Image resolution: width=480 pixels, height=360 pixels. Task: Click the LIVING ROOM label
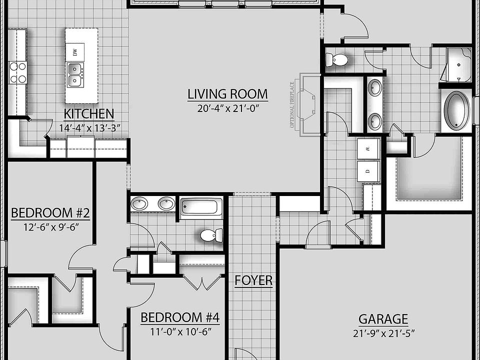[227, 94]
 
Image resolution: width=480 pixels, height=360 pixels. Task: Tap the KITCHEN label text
[89, 114]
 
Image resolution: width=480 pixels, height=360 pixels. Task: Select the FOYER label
[253, 280]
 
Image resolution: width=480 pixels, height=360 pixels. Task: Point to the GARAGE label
[383, 319]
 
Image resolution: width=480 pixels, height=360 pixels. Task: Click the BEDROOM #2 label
[50, 213]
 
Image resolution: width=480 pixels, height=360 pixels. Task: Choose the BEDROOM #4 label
[179, 317]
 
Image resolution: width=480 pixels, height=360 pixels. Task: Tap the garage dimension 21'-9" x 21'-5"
[383, 332]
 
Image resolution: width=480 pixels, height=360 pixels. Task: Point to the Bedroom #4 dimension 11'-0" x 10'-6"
[179, 331]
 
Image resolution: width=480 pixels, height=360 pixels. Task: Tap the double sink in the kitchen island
[75, 75]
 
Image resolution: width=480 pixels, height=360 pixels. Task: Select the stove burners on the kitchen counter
[17, 72]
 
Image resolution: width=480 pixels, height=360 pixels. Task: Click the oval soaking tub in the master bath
[456, 110]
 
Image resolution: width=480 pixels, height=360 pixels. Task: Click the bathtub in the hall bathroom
[201, 206]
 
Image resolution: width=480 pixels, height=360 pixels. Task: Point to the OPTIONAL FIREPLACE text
[293, 104]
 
